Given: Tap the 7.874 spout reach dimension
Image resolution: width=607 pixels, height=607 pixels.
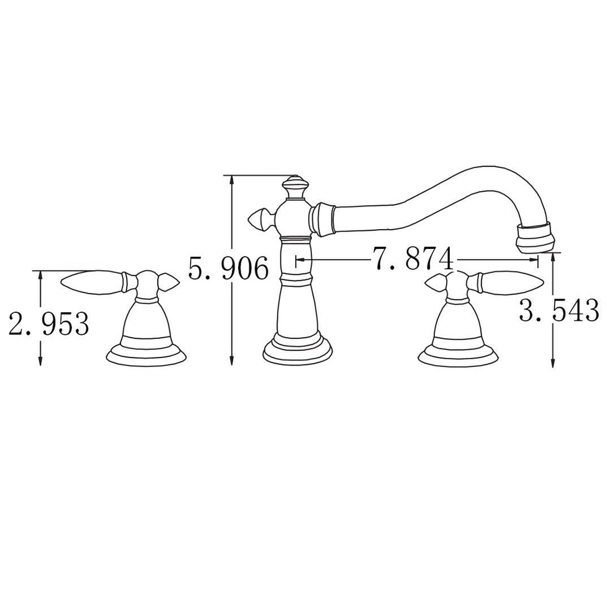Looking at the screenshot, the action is pos(413,259).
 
